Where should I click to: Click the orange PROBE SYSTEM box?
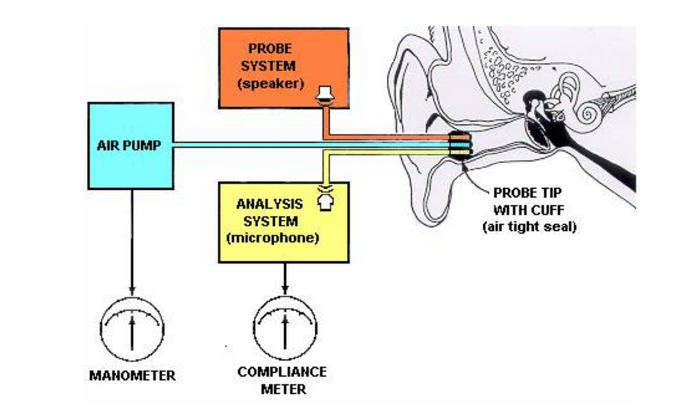[282, 68]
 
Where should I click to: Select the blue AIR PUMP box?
[131, 145]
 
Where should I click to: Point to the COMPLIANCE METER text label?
[282, 380]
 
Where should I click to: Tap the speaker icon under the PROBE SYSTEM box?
[325, 96]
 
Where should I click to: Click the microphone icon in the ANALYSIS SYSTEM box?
[325, 198]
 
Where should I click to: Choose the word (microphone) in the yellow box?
[276, 239]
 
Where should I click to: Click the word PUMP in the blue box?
[145, 145]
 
